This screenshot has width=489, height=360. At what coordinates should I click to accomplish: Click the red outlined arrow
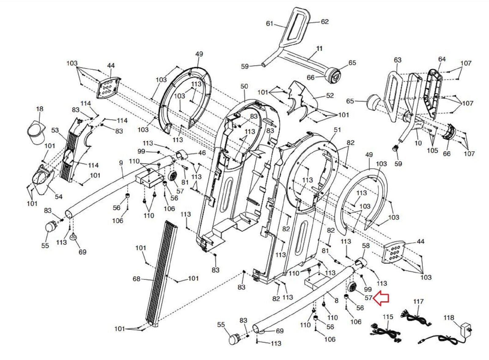(381, 298)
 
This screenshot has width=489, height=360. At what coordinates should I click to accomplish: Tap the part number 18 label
(40, 109)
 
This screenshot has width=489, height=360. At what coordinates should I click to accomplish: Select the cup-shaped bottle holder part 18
(36, 133)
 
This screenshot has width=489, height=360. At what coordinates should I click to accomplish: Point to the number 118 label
(449, 317)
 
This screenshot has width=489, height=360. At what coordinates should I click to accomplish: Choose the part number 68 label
(136, 279)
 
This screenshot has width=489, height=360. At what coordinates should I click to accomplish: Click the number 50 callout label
(244, 86)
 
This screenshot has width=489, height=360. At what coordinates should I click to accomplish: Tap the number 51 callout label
(337, 130)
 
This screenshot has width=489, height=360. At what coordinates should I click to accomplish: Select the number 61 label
(270, 23)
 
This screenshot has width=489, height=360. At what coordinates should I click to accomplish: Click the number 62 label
(325, 22)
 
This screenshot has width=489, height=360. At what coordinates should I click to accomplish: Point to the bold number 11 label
(319, 49)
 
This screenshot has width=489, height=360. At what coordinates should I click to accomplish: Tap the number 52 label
(330, 95)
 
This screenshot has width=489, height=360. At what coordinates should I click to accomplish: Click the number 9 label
(121, 163)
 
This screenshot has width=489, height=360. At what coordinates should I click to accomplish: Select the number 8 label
(336, 301)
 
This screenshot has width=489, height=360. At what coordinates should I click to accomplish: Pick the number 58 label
(366, 246)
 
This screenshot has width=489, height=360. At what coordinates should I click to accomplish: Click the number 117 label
(418, 302)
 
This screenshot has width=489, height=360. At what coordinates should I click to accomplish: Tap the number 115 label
(388, 317)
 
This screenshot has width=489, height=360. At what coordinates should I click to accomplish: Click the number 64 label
(442, 59)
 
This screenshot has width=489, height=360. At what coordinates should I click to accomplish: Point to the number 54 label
(58, 197)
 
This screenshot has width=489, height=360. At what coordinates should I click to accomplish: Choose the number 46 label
(202, 153)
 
